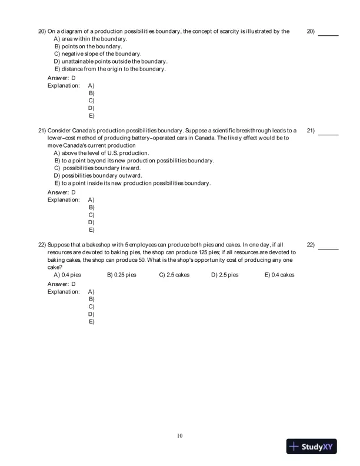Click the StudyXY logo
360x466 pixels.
(x=312, y=447)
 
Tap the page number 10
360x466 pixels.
(x=180, y=436)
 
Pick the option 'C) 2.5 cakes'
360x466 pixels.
(x=174, y=275)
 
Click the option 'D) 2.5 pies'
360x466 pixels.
(x=225, y=275)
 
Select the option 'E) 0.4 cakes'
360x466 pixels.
(x=279, y=275)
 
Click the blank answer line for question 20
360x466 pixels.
(x=328, y=35)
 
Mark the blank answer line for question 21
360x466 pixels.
(x=328, y=134)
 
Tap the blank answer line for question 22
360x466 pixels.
(x=328, y=248)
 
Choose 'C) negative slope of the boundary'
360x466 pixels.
(x=96, y=54)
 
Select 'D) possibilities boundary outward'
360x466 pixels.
(x=98, y=175)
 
